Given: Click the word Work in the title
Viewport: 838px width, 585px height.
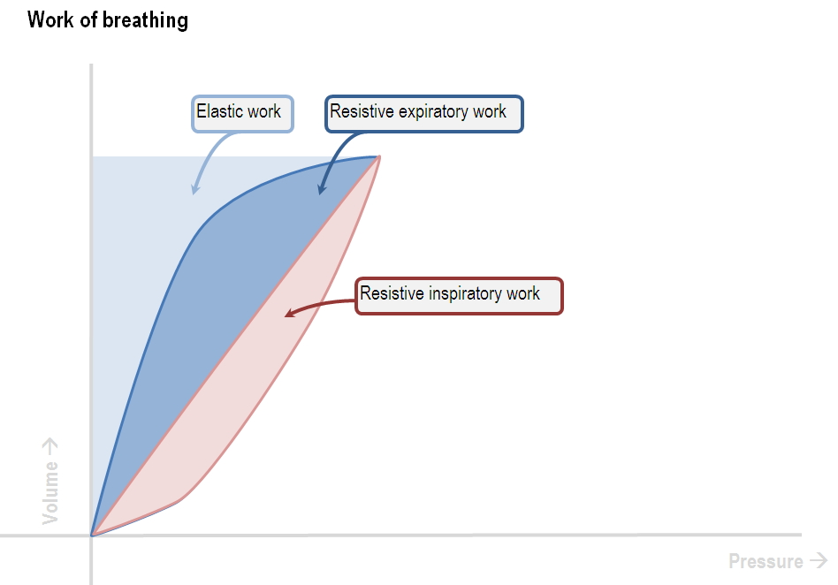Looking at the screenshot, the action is point(50,19).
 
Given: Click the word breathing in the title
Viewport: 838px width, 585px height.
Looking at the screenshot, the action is point(145,21).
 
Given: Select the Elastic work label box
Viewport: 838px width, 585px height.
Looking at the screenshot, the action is point(242,114).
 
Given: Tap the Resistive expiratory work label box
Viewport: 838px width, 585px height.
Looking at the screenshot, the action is point(424,114).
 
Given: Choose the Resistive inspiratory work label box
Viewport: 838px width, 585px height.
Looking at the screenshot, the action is point(459,295).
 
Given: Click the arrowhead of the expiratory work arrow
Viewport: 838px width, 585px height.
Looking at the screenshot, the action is point(321,188).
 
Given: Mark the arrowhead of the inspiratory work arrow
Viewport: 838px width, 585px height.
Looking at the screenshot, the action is point(289,313).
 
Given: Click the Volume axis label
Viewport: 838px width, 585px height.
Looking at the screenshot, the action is point(50,492).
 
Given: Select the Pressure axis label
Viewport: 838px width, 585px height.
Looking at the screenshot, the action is point(766,561).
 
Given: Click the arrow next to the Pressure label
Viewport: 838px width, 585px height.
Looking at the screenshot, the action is point(819,560).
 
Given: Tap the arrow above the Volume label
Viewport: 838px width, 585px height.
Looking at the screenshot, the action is point(50,447).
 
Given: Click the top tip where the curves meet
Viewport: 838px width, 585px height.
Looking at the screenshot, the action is point(379,156).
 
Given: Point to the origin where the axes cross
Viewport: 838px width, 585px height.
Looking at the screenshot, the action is point(91,535).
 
